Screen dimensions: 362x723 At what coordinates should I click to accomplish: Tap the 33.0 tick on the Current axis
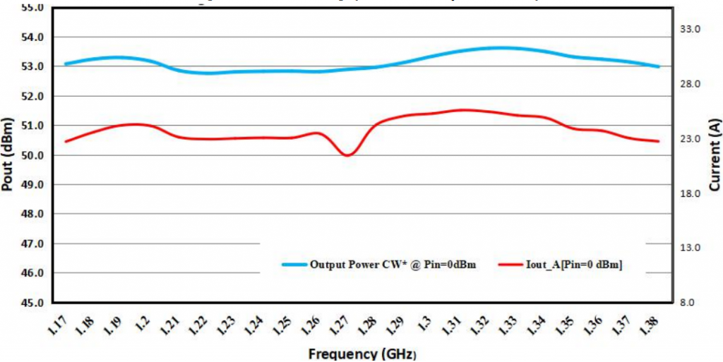pyautogui.click(x=688, y=30)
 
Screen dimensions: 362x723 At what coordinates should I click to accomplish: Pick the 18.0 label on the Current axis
pyautogui.click(x=688, y=193)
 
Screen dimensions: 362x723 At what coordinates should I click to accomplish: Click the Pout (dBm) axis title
pyautogui.click(x=8, y=155)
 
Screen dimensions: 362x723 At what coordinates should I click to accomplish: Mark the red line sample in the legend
pyautogui.click(x=513, y=265)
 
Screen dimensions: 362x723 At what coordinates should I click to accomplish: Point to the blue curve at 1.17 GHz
pyautogui.click(x=66, y=64)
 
